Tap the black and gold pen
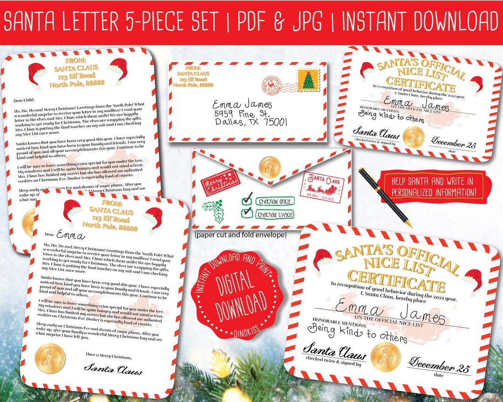pos(385,197)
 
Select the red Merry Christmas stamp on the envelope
pos(217,184)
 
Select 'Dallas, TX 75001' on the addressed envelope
pos(251,122)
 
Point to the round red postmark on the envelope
pos(274,85)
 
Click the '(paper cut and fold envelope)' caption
pos(240,235)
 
